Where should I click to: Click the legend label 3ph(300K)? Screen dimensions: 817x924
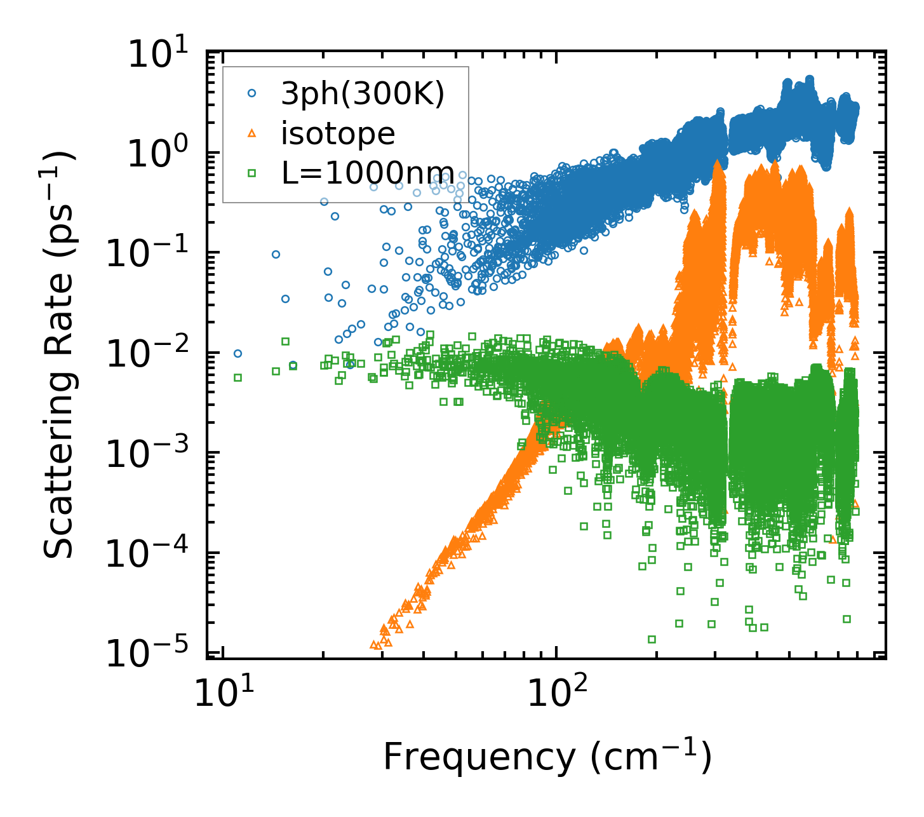click(363, 94)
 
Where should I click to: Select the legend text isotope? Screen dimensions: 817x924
click(338, 133)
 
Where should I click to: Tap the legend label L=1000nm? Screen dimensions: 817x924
click(368, 172)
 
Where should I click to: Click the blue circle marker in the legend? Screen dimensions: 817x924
click(252, 93)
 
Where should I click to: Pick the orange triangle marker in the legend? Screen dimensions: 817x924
click(252, 133)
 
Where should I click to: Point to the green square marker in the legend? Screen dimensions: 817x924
click(252, 172)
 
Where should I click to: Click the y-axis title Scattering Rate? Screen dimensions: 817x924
click(58, 356)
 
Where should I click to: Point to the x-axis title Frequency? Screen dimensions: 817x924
click(547, 757)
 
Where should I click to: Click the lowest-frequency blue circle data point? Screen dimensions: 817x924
click(238, 354)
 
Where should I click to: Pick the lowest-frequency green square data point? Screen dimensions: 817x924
click(238, 377)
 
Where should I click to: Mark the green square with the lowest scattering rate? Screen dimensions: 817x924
click(652, 639)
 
